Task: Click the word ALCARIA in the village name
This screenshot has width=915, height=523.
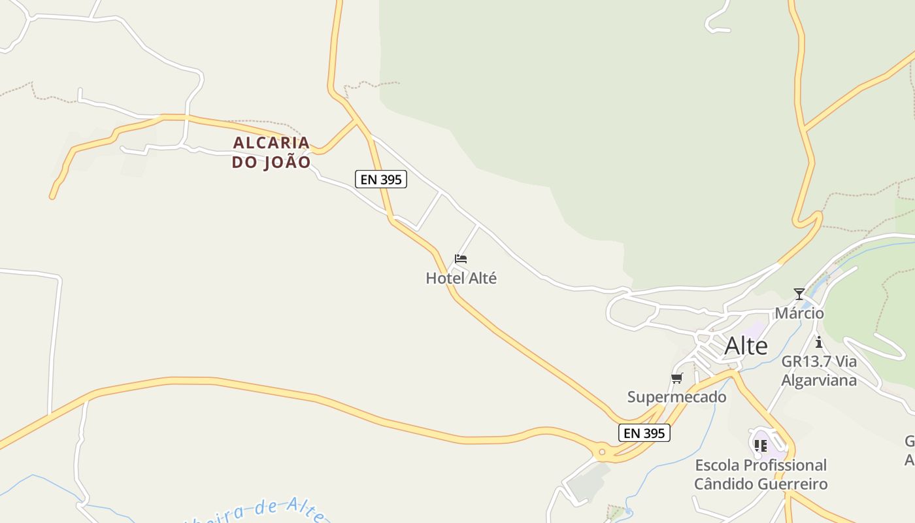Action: (271, 143)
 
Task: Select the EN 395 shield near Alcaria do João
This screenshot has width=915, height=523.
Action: (381, 179)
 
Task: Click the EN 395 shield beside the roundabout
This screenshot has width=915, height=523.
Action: (644, 433)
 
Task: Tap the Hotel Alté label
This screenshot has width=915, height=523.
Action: (461, 278)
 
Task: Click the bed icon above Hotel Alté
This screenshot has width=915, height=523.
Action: (461, 259)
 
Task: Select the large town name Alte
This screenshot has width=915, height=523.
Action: (746, 346)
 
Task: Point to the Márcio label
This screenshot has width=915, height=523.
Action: (799, 313)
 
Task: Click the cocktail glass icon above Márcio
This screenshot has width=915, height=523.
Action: (799, 294)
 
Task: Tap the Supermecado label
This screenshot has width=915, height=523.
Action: (676, 397)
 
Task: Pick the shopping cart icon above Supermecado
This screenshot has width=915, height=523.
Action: (676, 378)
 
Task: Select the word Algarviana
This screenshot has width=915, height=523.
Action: (819, 380)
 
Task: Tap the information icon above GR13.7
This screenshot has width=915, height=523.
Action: (818, 342)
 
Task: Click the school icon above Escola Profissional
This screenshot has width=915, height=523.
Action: (760, 446)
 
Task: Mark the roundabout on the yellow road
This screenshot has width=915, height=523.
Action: (601, 451)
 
